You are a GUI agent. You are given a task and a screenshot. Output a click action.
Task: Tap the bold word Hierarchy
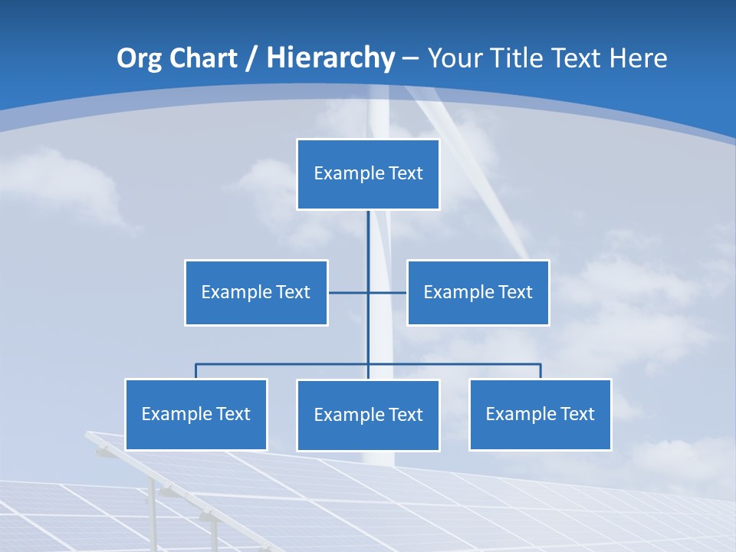pos(330,58)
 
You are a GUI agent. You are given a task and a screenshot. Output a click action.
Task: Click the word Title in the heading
pos(521,58)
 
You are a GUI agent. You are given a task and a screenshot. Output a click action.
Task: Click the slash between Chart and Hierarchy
pos(251,59)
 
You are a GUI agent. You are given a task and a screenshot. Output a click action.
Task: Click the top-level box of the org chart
pos(368,174)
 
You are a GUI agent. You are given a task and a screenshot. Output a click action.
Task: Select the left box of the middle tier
pos(256,292)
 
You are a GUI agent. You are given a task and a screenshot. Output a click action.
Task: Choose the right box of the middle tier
pos(478,292)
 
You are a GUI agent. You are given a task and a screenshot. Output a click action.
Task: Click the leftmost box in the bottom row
pos(195,415)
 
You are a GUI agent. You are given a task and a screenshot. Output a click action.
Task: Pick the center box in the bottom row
pos(368,416)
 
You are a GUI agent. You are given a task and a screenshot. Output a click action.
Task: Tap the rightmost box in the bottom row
pos(540,415)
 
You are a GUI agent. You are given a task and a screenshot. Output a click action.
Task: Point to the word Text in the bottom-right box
pos(577,415)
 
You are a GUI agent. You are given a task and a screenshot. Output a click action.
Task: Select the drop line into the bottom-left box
pos(195,371)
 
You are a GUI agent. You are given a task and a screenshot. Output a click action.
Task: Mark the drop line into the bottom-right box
pos(540,371)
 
